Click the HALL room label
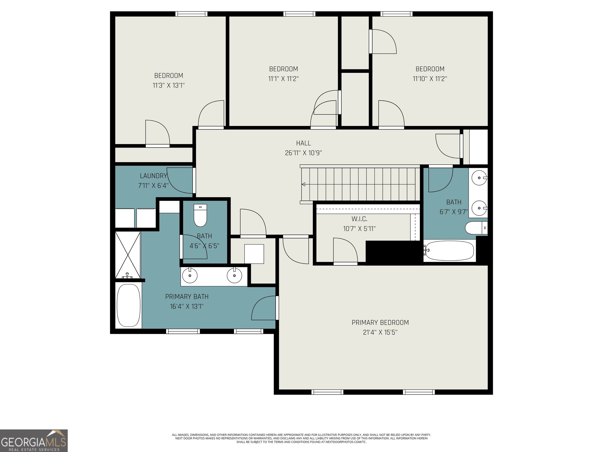tap(303, 143)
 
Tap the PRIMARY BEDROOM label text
tap(380, 323)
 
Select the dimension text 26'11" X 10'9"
tap(303, 153)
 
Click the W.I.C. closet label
tap(359, 219)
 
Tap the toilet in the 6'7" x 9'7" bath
tap(476, 228)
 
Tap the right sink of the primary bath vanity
tap(234, 275)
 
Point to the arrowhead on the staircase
tap(303, 184)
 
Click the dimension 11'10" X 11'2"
tap(430, 79)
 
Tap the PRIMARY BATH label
tap(187, 296)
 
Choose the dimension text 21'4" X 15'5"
tap(380, 332)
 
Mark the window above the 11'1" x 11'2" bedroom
tap(299, 14)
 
